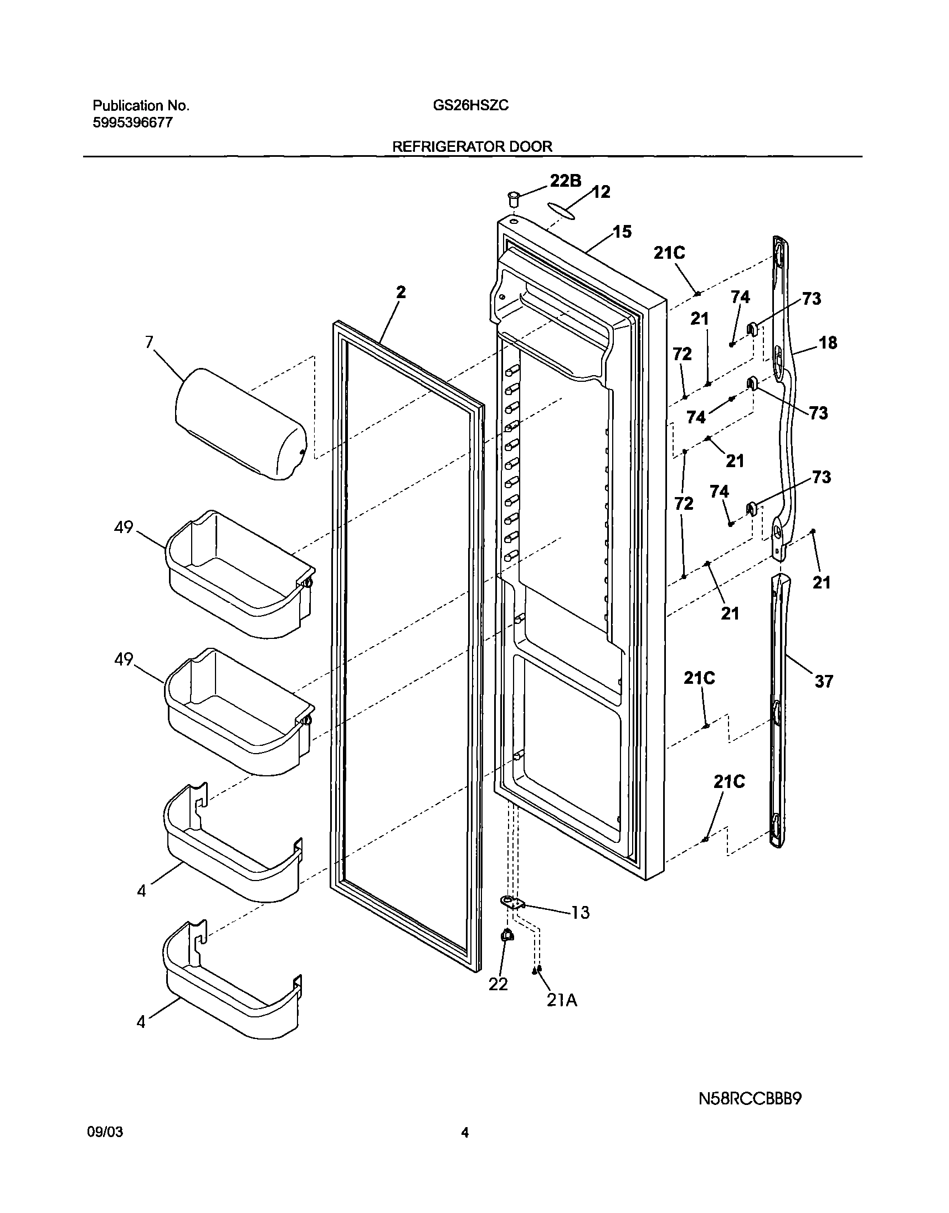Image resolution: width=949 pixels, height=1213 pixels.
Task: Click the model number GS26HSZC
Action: coord(470,106)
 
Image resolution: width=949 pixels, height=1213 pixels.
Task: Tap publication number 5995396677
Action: coord(132,123)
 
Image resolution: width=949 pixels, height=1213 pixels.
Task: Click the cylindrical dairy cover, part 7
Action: coord(240,423)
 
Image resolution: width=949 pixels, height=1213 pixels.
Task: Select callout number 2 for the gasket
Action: coord(401,293)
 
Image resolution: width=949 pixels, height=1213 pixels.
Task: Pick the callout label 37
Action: coord(823,681)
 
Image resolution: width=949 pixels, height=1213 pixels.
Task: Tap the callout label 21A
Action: coord(562,1000)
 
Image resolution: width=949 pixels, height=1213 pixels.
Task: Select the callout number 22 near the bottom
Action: coord(498,984)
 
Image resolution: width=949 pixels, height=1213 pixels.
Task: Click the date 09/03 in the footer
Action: coord(105,1148)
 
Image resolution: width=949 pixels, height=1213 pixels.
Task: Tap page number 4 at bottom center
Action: coord(465,1149)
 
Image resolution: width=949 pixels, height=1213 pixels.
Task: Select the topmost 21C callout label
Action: coord(669,253)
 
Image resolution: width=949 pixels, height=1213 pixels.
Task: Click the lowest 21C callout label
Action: coord(729,782)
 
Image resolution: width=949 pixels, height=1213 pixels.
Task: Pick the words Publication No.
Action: coord(141,106)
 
